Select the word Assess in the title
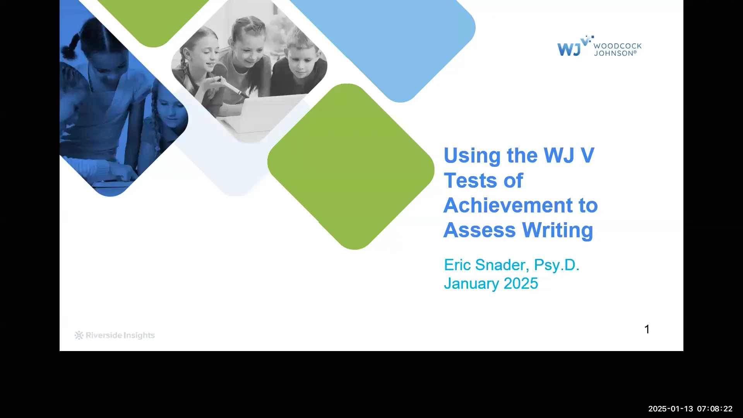480,230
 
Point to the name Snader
500,265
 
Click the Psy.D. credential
556,265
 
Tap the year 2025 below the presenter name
520,283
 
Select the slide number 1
647,329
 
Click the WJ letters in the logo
569,49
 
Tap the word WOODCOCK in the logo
617,46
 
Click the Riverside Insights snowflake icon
79,335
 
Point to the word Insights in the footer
138,335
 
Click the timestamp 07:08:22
715,409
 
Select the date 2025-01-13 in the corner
671,409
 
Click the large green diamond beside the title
351,166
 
